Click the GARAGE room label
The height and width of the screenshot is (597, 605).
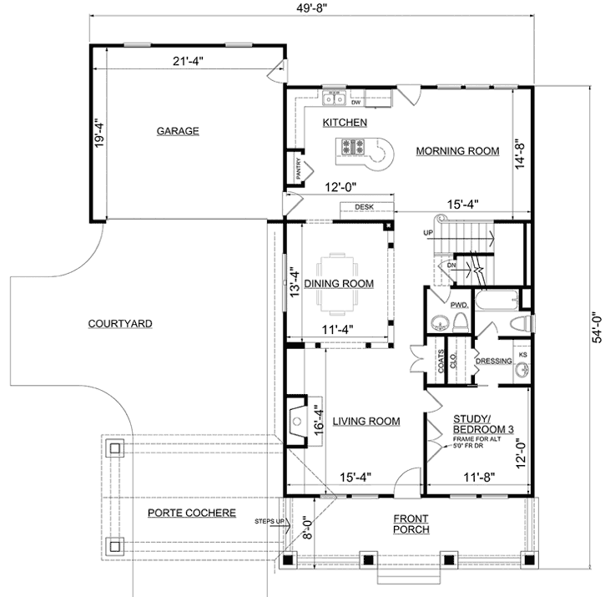click(x=177, y=131)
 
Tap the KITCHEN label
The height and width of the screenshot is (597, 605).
click(x=345, y=123)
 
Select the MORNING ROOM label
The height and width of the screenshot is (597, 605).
click(x=456, y=151)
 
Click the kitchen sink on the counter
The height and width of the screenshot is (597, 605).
click(x=335, y=99)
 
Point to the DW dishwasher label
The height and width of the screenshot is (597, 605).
click(x=355, y=104)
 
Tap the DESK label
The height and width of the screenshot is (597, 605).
click(x=363, y=207)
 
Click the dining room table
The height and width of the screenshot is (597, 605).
click(x=338, y=271)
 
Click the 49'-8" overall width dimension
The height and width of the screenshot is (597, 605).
click(x=307, y=8)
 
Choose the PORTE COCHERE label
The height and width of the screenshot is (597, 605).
click(x=191, y=513)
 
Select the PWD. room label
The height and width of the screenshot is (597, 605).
click(x=458, y=306)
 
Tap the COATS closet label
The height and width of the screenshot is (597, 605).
click(x=441, y=361)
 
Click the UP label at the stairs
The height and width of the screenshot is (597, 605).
click(x=430, y=232)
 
